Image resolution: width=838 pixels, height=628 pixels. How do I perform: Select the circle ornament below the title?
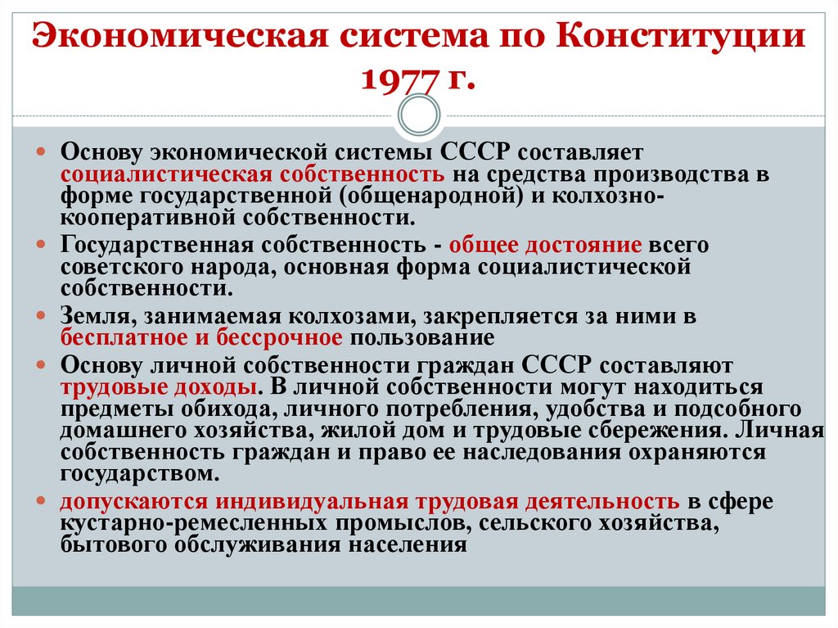click(418, 115)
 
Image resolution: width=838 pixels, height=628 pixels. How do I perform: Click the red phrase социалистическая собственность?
click(253, 174)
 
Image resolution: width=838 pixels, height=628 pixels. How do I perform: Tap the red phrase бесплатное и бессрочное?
click(200, 337)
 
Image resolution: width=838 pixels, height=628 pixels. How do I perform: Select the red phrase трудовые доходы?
click(155, 386)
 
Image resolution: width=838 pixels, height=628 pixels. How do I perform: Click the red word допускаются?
click(129, 501)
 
